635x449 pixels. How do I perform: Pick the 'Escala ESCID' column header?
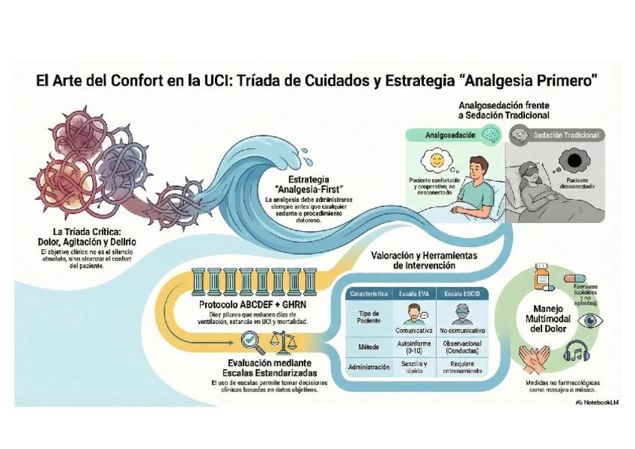pyautogui.click(x=460, y=293)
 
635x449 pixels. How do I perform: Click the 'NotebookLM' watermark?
pyautogui.click(x=598, y=402)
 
